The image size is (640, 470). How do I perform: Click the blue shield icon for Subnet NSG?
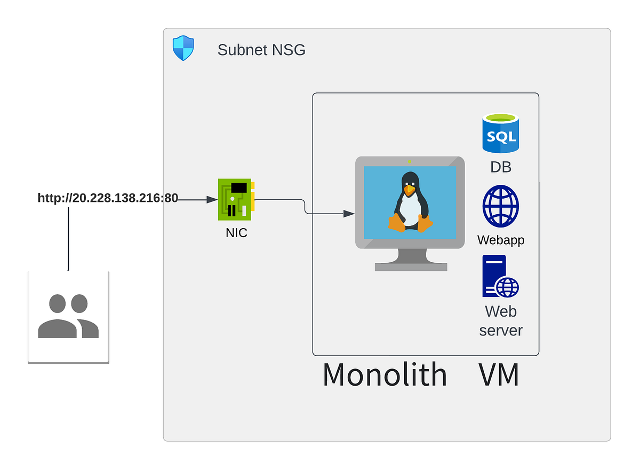pos(183,48)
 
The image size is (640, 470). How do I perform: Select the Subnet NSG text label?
pos(261,50)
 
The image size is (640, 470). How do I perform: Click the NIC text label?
pos(236,233)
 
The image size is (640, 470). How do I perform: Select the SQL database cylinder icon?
pos(500,134)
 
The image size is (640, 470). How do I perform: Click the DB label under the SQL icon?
pos(500,167)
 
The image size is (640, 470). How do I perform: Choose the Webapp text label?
pos(500,240)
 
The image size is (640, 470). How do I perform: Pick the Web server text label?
pos(500,320)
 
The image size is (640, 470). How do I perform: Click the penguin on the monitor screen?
pos(410,203)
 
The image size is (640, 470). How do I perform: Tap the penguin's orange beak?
pos(409,189)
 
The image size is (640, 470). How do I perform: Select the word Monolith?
pos(385,375)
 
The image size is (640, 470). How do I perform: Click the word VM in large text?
pos(499,375)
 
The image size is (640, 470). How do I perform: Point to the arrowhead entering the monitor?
pos(349,214)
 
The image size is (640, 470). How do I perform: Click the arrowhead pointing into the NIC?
pos(211,200)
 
